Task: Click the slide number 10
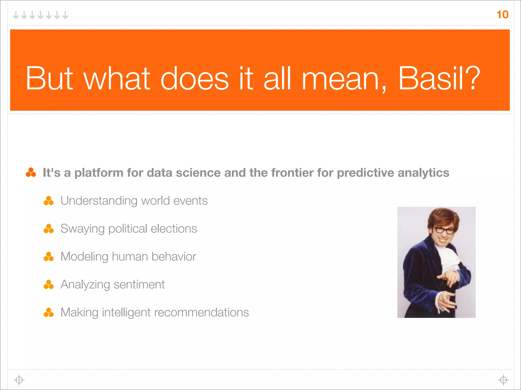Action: point(502,14)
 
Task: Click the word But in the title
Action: point(49,78)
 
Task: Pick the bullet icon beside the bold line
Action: point(31,172)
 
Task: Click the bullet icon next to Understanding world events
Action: point(49,201)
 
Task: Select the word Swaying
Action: point(82,229)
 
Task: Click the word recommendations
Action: point(201,312)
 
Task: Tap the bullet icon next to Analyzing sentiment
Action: point(49,285)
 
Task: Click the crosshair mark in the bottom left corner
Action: point(19,380)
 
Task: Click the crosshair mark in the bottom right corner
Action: point(503,380)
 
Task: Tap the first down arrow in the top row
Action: point(16,15)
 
